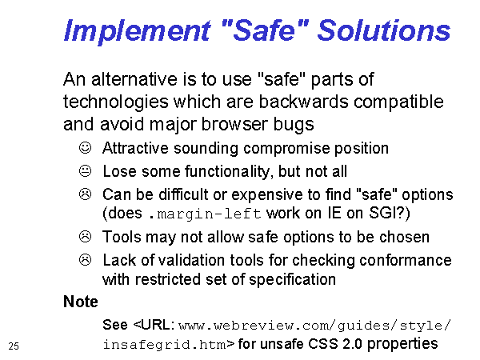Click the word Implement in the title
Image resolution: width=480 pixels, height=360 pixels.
[x=138, y=31]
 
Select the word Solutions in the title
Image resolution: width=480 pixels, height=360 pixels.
[x=384, y=30]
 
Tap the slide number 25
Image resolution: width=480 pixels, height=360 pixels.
[x=14, y=346]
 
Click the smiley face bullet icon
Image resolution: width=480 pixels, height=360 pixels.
[x=85, y=147]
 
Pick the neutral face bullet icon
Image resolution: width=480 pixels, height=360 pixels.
[x=85, y=171]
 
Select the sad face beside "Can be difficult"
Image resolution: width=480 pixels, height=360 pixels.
[x=85, y=194]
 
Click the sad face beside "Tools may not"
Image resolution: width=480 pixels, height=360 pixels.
[x=85, y=237]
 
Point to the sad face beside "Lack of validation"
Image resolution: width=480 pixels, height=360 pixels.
[x=85, y=259]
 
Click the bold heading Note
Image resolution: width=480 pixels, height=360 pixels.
[x=81, y=302]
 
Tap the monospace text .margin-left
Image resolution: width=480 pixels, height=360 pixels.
[x=205, y=214]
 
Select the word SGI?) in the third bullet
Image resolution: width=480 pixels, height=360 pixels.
[x=389, y=213]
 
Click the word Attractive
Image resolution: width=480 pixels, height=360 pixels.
[x=135, y=148]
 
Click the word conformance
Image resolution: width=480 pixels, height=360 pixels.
[x=406, y=260]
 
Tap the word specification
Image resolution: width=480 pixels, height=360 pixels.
[x=292, y=280]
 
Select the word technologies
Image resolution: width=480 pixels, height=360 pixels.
[x=116, y=102]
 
